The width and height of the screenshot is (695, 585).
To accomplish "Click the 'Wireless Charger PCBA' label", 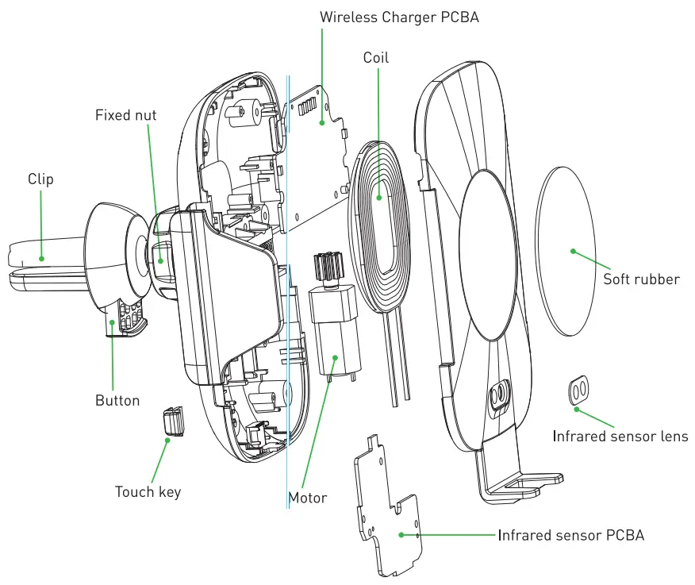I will [x=399, y=17].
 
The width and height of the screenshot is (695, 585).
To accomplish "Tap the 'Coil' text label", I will [x=376, y=58].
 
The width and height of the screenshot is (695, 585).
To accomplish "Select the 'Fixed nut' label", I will [x=125, y=115].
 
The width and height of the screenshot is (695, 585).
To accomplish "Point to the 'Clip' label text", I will [x=40, y=179].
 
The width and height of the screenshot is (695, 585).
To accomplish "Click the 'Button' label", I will [x=117, y=401].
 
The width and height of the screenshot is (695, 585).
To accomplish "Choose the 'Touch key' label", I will [x=148, y=492].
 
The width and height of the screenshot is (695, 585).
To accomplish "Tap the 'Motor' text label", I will [x=307, y=498].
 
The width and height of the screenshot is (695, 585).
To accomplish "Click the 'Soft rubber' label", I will [x=641, y=279].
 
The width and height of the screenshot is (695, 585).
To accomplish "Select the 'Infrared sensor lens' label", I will [x=620, y=437].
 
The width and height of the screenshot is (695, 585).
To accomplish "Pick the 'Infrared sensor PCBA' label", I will [x=571, y=536].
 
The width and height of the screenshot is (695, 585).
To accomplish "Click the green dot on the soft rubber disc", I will [x=572, y=251].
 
